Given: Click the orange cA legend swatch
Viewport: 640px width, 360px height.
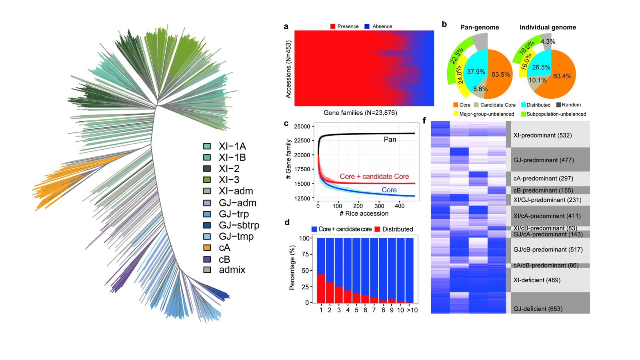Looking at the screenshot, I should click(x=207, y=248).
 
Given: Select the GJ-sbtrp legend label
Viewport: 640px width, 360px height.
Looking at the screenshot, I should click(x=239, y=225).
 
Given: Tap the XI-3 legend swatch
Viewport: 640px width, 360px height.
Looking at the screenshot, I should click(x=207, y=180).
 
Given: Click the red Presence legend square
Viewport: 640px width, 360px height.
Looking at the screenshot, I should click(x=333, y=26).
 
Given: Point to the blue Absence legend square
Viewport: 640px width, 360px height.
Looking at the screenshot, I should click(x=367, y=26).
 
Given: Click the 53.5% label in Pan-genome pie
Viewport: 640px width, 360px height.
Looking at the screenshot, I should click(x=501, y=75).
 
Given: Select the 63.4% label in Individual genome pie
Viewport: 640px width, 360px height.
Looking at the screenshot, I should click(x=562, y=76).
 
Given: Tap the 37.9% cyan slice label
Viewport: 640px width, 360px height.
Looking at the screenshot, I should click(x=476, y=72).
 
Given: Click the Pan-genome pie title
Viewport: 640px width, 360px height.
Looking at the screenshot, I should click(x=480, y=27).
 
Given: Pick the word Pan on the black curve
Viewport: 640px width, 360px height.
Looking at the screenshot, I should click(x=390, y=140).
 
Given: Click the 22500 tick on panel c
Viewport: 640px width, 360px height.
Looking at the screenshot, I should click(x=302, y=141).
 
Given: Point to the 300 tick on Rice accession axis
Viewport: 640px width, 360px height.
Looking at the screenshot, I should click(x=380, y=206).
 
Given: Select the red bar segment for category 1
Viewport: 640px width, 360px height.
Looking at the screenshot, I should click(x=321, y=288).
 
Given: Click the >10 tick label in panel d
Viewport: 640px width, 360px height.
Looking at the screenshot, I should click(x=412, y=310).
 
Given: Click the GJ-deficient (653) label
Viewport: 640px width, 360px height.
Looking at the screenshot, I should click(x=538, y=309).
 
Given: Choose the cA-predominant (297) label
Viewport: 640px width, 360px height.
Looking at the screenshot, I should click(x=543, y=178).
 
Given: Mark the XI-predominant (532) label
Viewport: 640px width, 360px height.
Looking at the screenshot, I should click(x=542, y=135).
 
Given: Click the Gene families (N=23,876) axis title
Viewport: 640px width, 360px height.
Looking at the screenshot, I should click(x=360, y=113).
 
